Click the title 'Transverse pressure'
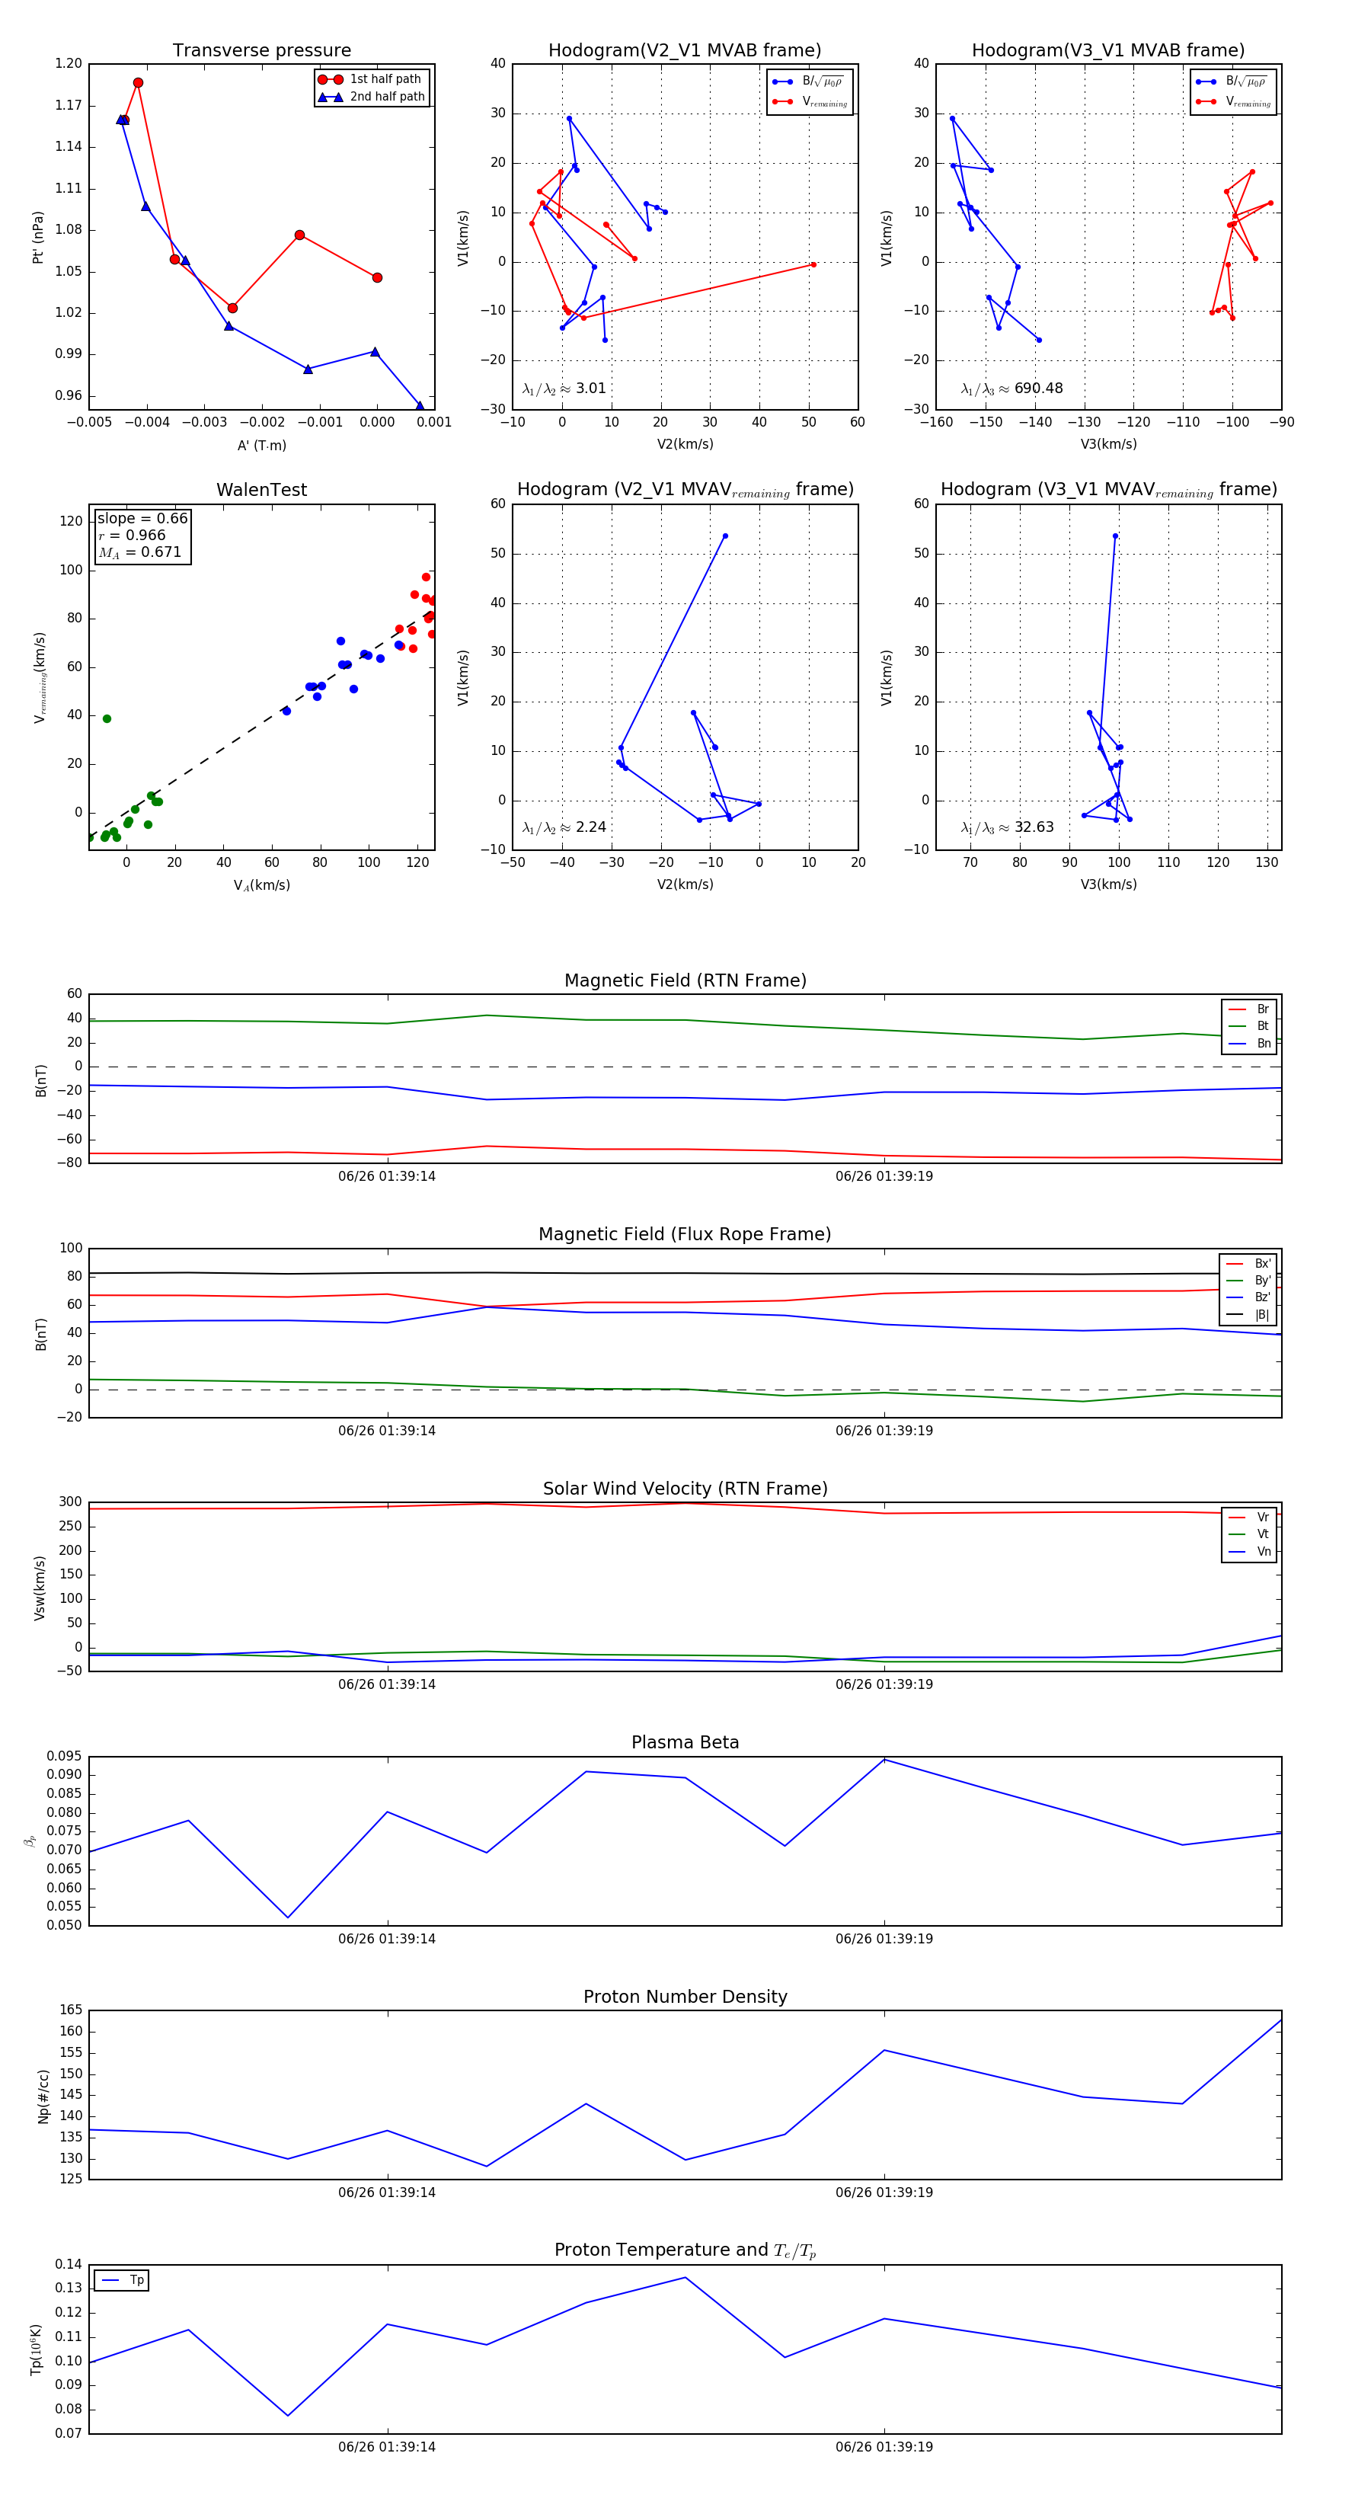[x=261, y=51]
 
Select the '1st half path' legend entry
[x=385, y=79]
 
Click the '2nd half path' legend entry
[x=386, y=97]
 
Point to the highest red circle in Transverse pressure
[x=139, y=83]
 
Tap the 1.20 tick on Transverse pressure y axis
[x=69, y=63]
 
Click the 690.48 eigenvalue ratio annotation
[x=1038, y=389]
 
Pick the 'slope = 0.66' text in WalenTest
[x=142, y=518]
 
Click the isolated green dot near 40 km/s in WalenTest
[x=107, y=719]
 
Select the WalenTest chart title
[x=261, y=490]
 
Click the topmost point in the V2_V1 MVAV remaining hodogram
[x=725, y=536]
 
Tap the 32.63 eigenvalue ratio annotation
[x=1034, y=827]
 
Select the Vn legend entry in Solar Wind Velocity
[x=1264, y=1551]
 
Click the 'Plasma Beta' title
[x=685, y=1742]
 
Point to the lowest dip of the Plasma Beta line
[x=288, y=1917]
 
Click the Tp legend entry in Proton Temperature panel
[x=136, y=2280]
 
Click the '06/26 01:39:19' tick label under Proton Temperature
[x=884, y=2447]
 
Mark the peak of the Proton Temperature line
[x=685, y=2278]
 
